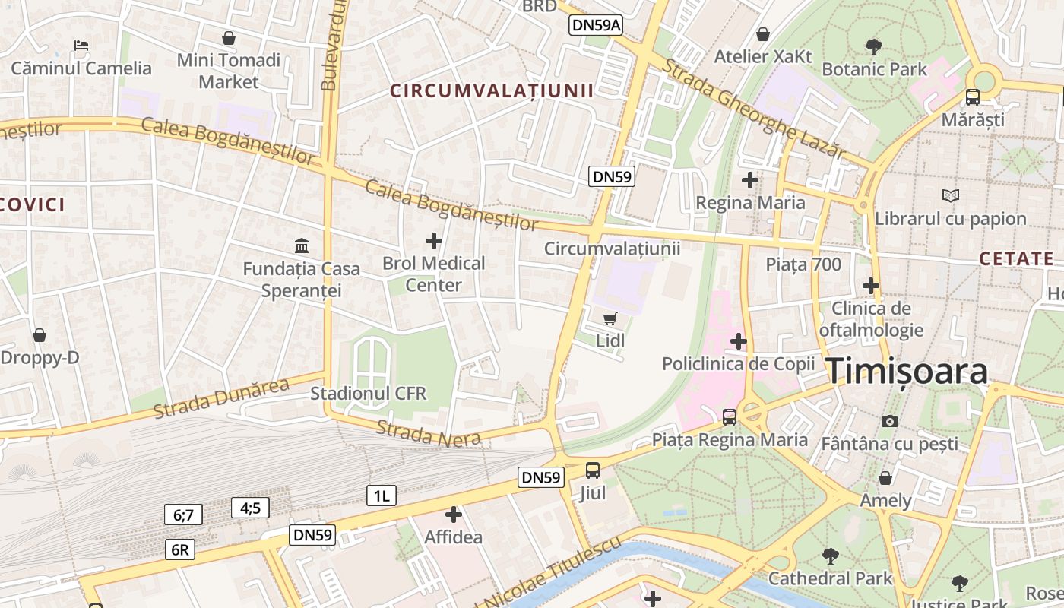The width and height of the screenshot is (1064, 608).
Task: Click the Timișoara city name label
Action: (x=907, y=372)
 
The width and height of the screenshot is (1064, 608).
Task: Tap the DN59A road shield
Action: (x=597, y=25)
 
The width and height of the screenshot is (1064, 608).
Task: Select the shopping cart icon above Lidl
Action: (x=610, y=319)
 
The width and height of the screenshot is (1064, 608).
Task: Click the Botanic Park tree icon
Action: (x=874, y=47)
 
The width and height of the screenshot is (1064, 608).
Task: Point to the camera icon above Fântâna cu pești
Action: (x=889, y=421)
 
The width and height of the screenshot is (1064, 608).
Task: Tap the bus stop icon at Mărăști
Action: (x=973, y=97)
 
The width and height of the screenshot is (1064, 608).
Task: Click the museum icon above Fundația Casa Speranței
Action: (x=302, y=245)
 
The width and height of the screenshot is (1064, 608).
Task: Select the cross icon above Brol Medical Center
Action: (x=434, y=242)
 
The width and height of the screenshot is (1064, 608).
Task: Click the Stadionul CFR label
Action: (x=369, y=394)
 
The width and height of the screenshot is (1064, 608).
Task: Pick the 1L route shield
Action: (x=381, y=496)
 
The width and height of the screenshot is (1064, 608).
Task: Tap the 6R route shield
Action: (x=180, y=549)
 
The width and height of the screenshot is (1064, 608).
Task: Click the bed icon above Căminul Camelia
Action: (x=81, y=46)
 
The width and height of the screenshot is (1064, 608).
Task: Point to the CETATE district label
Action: (x=1016, y=258)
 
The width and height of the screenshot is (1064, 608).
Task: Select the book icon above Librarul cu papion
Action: (x=950, y=196)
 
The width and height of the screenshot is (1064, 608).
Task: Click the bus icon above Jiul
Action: (x=593, y=470)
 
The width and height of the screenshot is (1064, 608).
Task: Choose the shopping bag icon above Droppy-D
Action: (x=40, y=335)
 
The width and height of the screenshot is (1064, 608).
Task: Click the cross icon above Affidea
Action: (x=454, y=515)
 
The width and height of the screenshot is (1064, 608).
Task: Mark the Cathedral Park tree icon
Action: (x=831, y=556)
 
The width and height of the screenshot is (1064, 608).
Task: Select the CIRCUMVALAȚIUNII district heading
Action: (x=492, y=91)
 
